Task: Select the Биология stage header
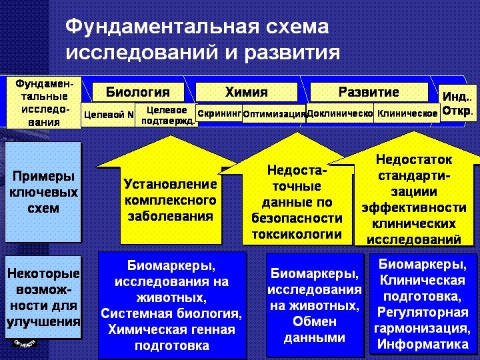(x=138, y=92)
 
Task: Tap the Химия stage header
(x=246, y=92)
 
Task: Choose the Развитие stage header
(x=369, y=92)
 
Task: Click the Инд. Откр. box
(x=457, y=103)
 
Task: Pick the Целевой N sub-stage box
(x=109, y=114)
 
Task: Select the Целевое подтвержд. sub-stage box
(x=167, y=115)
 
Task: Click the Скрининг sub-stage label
(x=219, y=113)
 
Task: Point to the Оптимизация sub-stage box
(x=274, y=114)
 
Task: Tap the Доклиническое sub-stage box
(x=339, y=113)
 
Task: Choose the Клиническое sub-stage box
(x=407, y=113)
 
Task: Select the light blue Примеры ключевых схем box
(x=43, y=192)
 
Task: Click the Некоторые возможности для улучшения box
(x=43, y=298)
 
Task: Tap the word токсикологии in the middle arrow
(x=297, y=235)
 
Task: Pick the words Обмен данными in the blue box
(x=315, y=329)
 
